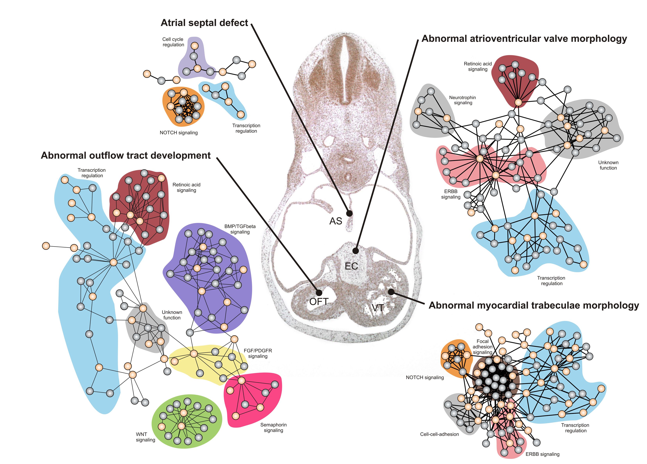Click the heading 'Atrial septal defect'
(x=204, y=23)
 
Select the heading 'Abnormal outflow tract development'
(x=126, y=155)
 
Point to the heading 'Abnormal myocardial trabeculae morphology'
(x=534, y=305)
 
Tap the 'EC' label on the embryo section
(x=351, y=266)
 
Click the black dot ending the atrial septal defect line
(x=349, y=213)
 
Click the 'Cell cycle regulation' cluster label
(x=173, y=42)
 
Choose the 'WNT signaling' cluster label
(x=146, y=437)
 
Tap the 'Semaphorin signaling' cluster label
(x=273, y=427)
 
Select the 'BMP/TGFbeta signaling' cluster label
(x=240, y=229)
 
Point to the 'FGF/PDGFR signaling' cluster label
(x=258, y=353)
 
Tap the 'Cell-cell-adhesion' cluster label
(x=439, y=434)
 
